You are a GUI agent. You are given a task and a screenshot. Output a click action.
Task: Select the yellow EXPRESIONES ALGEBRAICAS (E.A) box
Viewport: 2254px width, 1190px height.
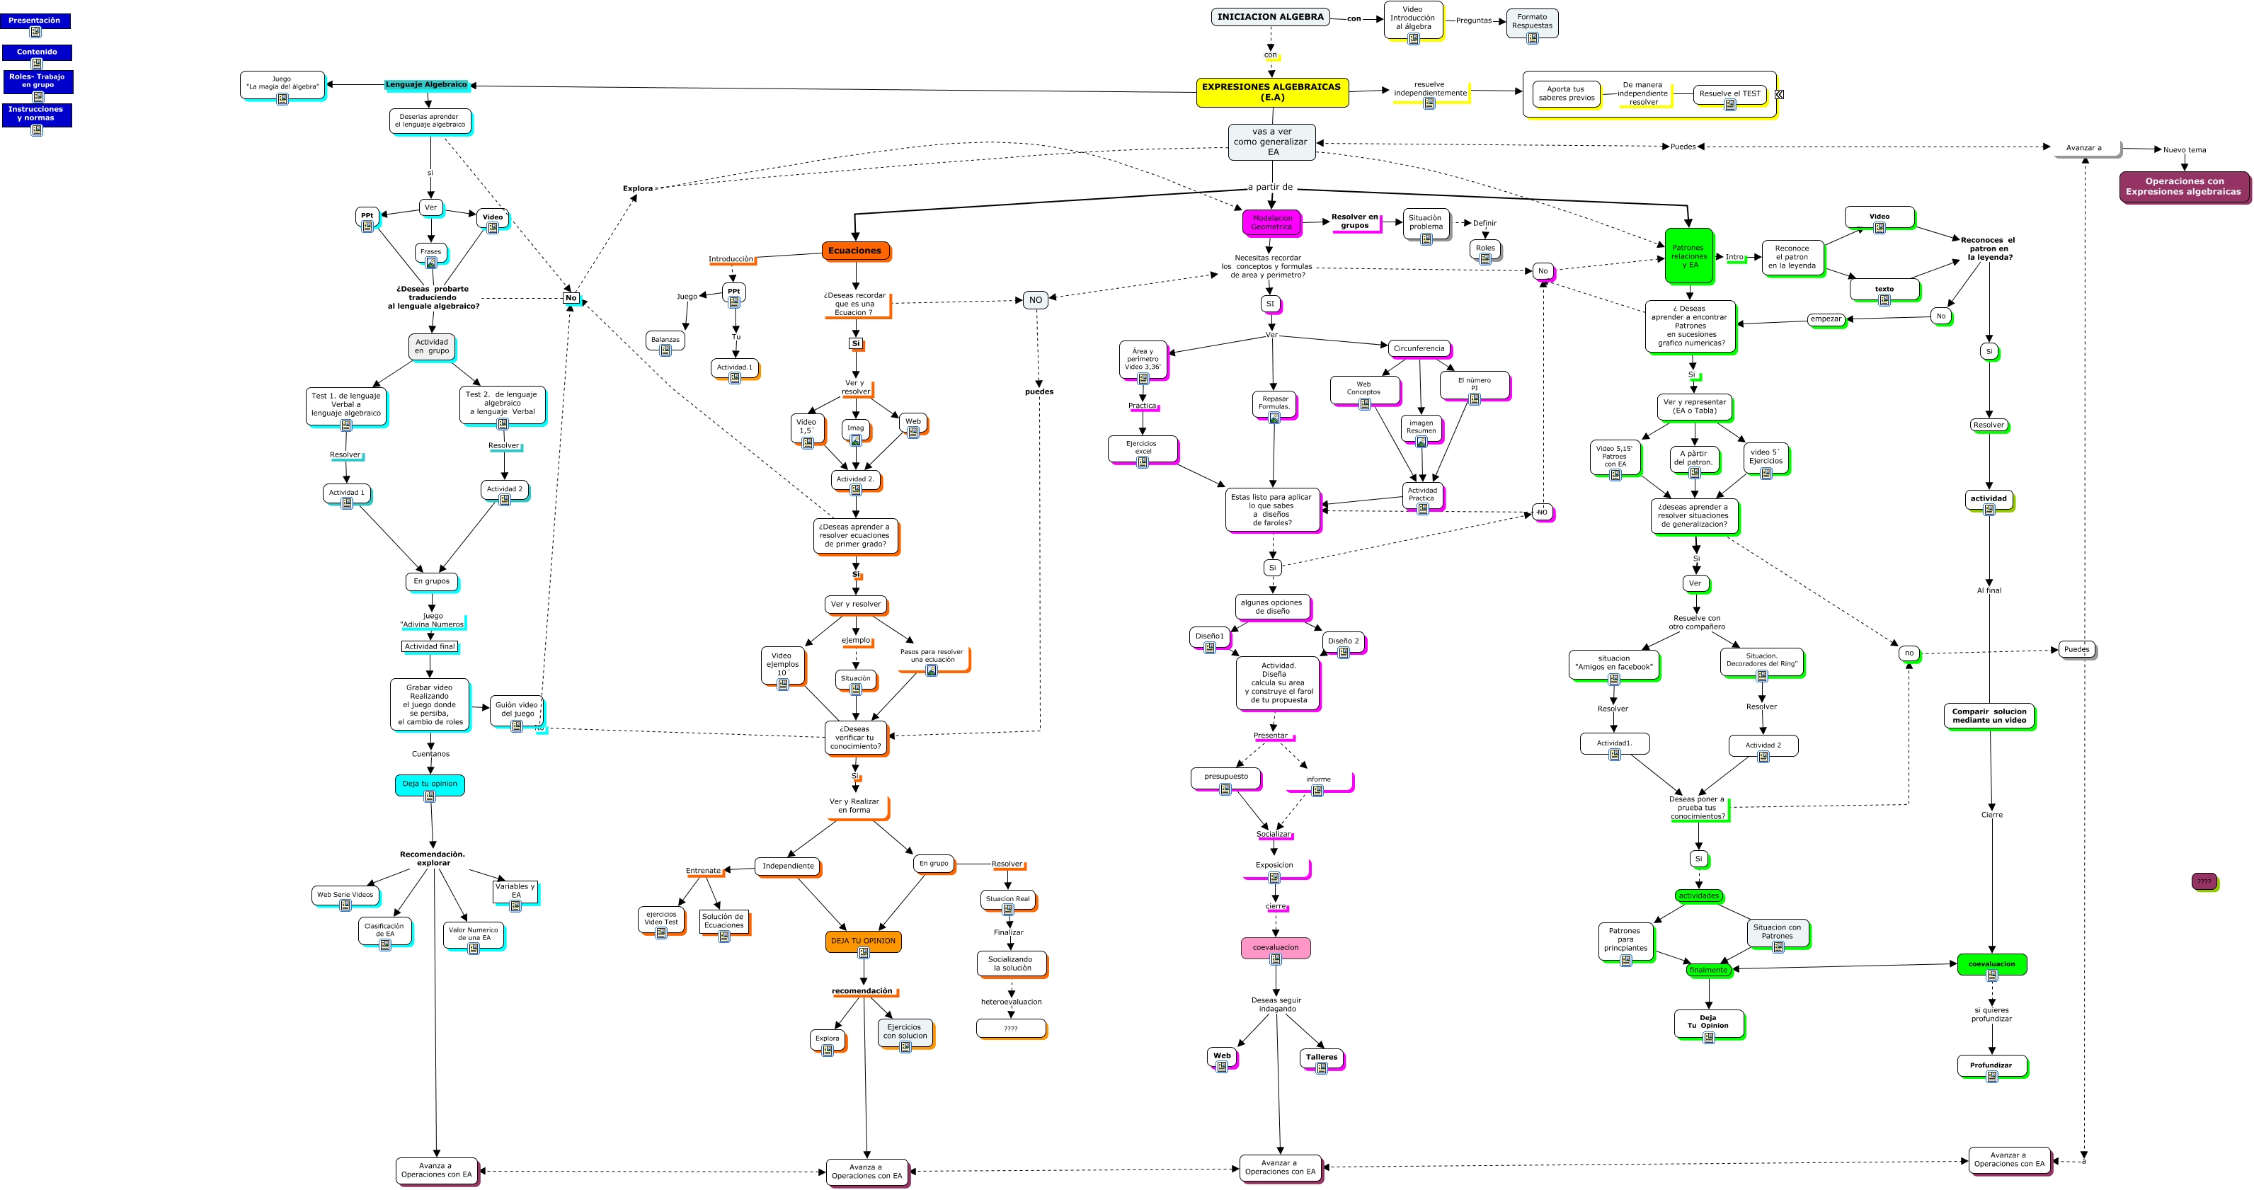click(1271, 92)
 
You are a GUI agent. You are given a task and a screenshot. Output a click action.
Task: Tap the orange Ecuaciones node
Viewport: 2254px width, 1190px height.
click(855, 251)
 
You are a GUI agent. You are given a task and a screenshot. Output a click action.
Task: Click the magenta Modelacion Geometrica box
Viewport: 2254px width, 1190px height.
click(1271, 222)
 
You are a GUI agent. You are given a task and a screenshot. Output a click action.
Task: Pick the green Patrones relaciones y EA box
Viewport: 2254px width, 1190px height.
click(1688, 256)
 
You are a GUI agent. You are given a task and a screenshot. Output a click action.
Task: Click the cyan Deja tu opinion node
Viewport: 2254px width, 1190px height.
click(430, 784)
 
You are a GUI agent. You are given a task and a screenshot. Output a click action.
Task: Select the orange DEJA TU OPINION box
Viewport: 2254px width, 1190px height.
click(863, 942)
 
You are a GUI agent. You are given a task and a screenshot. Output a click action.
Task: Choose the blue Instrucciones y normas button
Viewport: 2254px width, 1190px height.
click(36, 114)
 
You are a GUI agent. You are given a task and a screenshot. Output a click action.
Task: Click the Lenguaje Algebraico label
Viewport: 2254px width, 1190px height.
click(427, 85)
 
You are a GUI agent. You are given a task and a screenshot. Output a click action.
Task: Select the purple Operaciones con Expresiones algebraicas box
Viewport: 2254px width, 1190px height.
click(2183, 186)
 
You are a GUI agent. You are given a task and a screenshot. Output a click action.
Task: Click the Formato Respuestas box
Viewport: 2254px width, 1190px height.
click(1531, 22)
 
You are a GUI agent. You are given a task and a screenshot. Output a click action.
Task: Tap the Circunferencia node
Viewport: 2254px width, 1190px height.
click(1419, 348)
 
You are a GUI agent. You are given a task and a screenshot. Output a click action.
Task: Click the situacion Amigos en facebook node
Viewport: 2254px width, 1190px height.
click(1613, 663)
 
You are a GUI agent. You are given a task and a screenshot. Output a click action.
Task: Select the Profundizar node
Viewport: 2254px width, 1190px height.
click(1991, 1065)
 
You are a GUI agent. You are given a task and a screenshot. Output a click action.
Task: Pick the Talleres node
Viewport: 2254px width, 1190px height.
click(1321, 1057)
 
